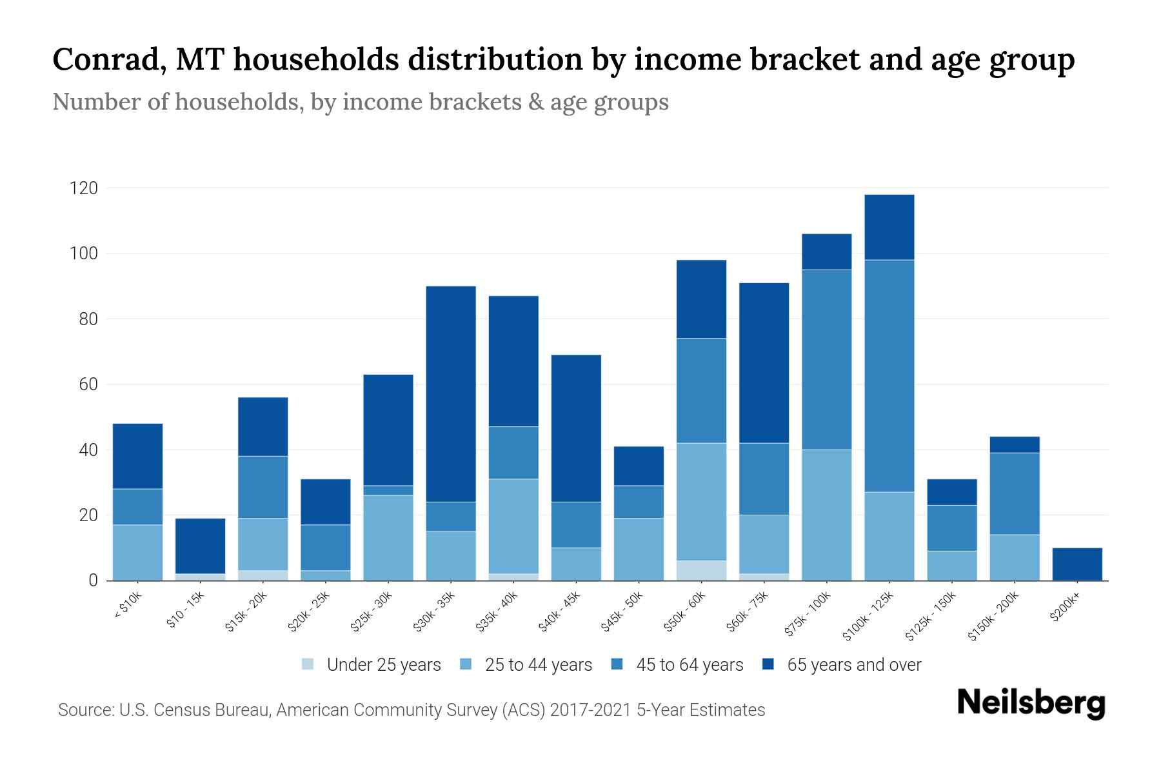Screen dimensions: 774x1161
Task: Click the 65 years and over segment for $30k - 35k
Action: pyautogui.click(x=451, y=393)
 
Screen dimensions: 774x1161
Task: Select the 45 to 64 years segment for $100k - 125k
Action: pyautogui.click(x=889, y=376)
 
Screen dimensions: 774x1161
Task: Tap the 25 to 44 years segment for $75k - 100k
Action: pyautogui.click(x=826, y=515)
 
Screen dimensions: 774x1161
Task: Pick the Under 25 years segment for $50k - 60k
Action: pyautogui.click(x=701, y=570)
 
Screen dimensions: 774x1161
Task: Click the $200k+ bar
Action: pyautogui.click(x=1077, y=564)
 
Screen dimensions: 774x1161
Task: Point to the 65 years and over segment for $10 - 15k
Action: pyautogui.click(x=200, y=546)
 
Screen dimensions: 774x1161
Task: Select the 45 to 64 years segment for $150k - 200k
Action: pyautogui.click(x=1015, y=493)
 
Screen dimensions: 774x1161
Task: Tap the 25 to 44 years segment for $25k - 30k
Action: pyautogui.click(x=388, y=537)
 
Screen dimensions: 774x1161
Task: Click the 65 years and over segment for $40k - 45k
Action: pyautogui.click(x=576, y=428)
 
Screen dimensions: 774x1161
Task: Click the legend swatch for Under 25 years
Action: pyautogui.click(x=308, y=664)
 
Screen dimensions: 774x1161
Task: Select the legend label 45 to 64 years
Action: pyautogui.click(x=689, y=664)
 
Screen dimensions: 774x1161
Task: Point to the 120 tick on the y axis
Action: pyautogui.click(x=84, y=188)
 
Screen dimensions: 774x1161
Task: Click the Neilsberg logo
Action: pyautogui.click(x=1031, y=702)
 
